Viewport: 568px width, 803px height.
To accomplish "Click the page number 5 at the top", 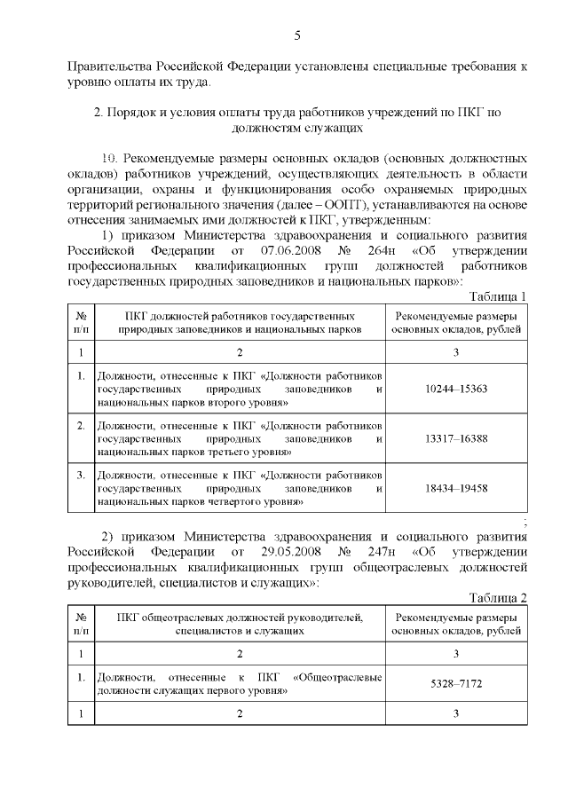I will (297, 35).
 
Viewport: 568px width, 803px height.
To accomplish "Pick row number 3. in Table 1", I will (81, 476).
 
